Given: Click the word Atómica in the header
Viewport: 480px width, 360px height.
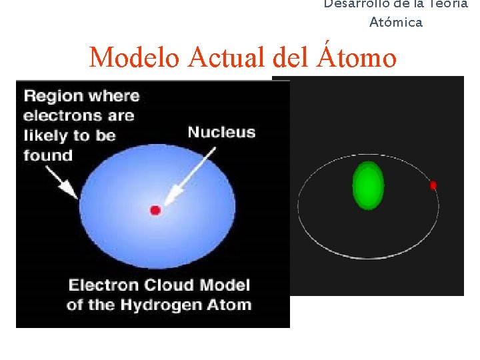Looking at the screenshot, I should [x=396, y=23].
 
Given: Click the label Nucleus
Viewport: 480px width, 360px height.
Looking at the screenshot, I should [x=221, y=132].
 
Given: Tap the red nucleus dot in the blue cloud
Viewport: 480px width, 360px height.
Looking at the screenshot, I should [x=155, y=210].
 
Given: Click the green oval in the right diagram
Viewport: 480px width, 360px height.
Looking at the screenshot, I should [x=368, y=185].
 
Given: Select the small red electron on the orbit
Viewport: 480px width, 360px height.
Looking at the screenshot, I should [x=433, y=185].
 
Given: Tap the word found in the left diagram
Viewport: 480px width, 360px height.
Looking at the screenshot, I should [x=48, y=156].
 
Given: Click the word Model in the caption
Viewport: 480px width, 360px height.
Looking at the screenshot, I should [x=225, y=285].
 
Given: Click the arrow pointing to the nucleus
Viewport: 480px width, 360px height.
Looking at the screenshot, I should [x=190, y=175].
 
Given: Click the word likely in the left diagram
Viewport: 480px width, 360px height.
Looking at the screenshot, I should [x=46, y=136].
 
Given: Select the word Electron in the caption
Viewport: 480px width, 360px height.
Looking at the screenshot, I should [x=102, y=285].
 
